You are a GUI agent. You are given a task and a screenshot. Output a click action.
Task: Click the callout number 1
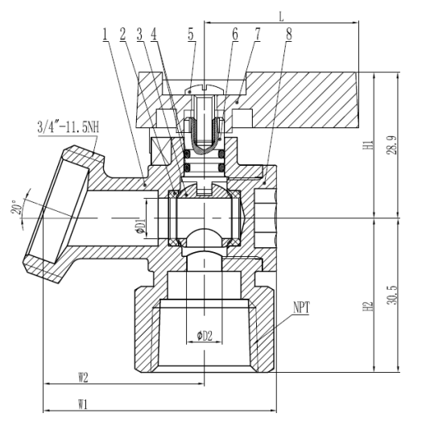tap(105, 35)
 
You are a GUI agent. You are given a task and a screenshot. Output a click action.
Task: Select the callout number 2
tap(122, 35)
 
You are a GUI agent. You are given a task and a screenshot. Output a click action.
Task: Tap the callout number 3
tap(140, 35)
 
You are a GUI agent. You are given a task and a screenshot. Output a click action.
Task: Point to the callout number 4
tap(154, 35)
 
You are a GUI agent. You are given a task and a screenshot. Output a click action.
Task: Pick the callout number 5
tap(191, 35)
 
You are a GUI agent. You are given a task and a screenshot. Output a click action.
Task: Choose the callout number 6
tap(235, 35)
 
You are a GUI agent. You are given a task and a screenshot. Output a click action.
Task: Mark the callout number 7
tap(257, 35)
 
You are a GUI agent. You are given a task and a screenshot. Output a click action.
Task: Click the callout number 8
tap(288, 35)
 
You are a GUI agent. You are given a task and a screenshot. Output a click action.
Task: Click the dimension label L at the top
tap(281, 17)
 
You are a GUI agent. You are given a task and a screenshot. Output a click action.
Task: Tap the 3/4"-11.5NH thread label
tap(68, 127)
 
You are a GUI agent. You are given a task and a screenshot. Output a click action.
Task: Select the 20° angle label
tap(16, 207)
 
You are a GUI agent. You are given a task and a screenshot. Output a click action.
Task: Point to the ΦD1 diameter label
tap(141, 226)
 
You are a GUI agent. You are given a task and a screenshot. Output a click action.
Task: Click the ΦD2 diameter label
tap(205, 336)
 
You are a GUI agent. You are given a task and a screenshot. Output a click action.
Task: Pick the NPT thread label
tap(301, 307)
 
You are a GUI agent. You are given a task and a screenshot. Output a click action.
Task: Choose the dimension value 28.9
tap(392, 145)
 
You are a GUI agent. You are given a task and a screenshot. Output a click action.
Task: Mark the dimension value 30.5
tap(392, 295)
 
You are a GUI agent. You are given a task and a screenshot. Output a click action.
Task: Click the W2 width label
tap(83, 378)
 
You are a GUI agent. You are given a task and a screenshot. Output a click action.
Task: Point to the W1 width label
tap(83, 404)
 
